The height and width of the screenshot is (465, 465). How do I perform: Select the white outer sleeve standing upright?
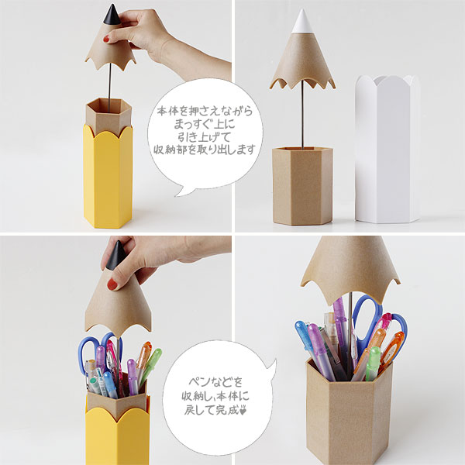[387, 147]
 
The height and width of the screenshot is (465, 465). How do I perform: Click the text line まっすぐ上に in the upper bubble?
[203, 123]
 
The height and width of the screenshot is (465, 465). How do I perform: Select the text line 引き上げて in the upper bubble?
[203, 136]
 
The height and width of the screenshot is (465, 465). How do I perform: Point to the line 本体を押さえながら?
[203, 110]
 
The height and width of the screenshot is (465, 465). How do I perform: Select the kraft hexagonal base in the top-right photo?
[301, 186]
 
